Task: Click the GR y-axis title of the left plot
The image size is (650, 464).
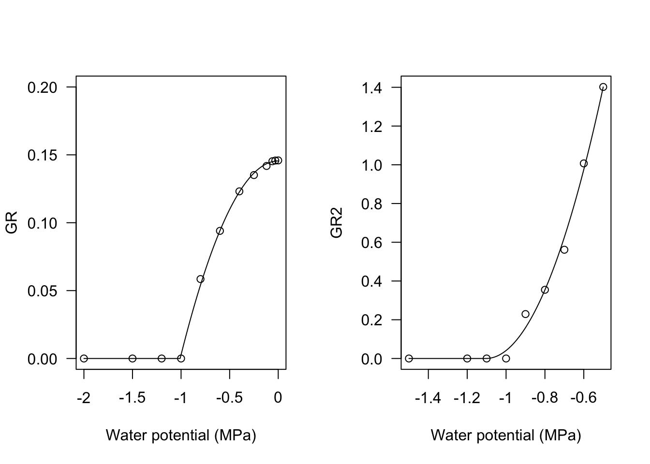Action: (12, 223)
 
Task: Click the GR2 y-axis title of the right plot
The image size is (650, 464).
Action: (337, 223)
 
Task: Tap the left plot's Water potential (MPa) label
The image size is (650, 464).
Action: (181, 435)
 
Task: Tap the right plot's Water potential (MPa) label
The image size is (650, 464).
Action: (506, 435)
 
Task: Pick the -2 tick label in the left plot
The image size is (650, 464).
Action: (84, 398)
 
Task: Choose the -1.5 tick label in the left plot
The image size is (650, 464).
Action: (132, 398)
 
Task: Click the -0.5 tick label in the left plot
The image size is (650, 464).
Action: (229, 398)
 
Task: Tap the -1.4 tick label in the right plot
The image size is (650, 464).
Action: (428, 398)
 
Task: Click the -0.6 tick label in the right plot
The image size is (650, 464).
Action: (583, 398)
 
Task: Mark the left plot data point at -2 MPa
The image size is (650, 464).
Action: (84, 359)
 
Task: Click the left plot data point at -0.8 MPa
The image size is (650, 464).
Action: (201, 279)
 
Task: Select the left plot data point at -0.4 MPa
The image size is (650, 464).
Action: (239, 191)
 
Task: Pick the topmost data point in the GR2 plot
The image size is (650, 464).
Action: (603, 87)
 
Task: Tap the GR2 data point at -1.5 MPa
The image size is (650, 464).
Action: (409, 359)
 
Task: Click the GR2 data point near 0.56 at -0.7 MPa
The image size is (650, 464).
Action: (564, 250)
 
